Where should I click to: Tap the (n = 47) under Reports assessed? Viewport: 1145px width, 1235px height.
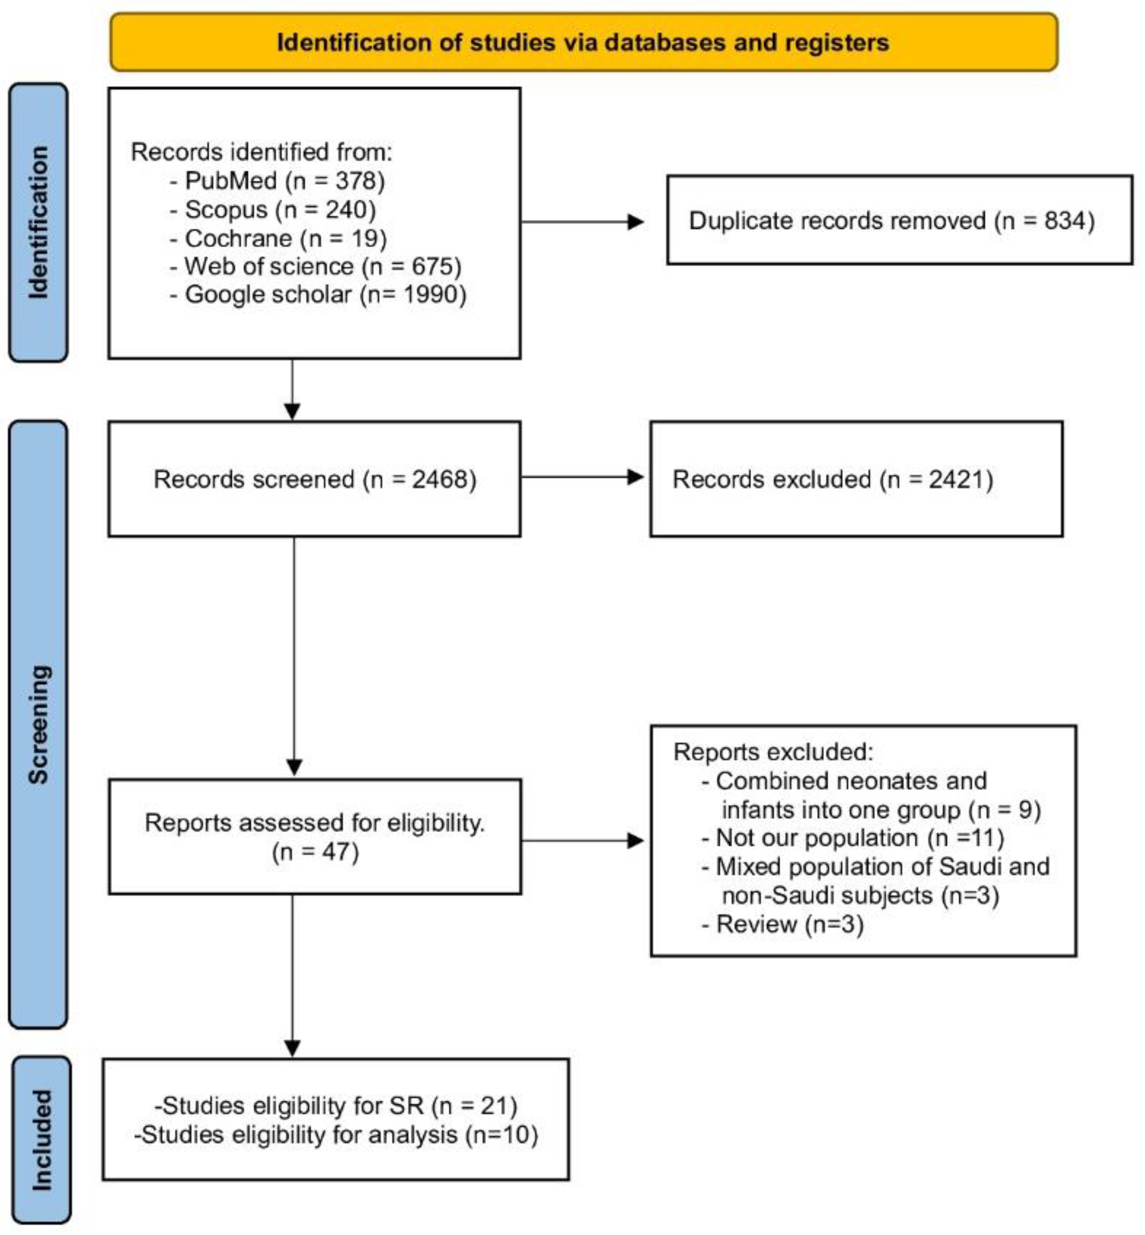[315, 852]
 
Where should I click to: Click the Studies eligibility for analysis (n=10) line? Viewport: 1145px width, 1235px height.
[336, 1135]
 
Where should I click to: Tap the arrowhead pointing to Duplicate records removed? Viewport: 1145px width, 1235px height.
[636, 222]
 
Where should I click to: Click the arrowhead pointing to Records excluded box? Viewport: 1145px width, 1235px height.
[636, 477]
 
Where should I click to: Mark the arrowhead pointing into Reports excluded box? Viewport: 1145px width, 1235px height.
[636, 841]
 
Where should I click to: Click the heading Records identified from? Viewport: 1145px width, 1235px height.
[262, 152]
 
